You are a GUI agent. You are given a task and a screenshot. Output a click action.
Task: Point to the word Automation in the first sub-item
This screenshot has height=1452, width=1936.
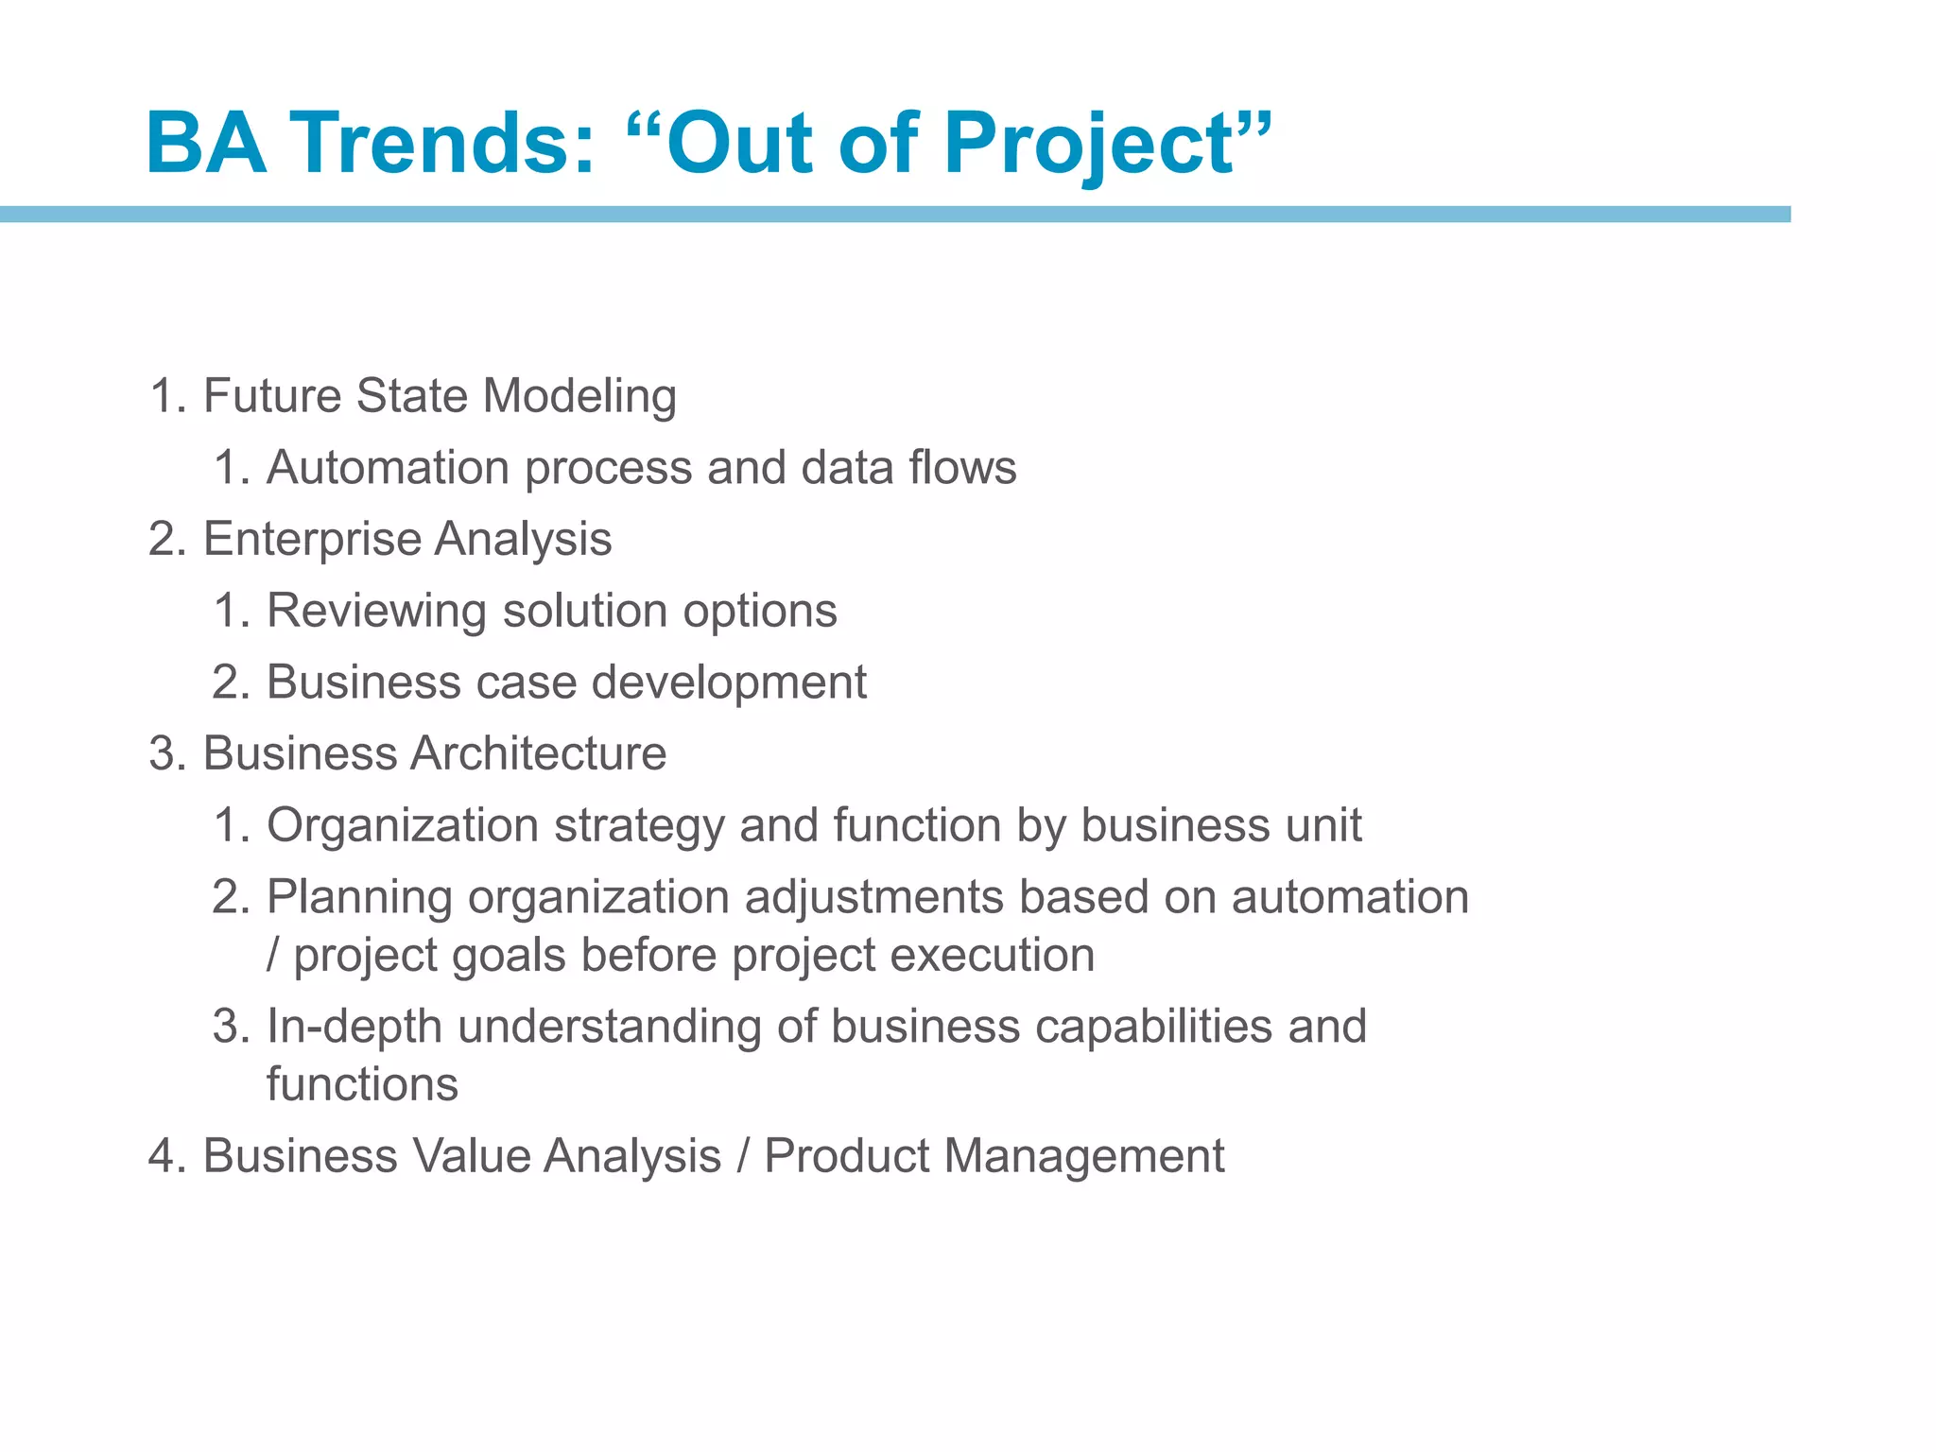click(388, 468)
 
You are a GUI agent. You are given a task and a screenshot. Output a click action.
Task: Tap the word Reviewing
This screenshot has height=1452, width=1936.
click(377, 612)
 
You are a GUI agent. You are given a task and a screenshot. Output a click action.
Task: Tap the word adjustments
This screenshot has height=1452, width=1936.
click(873, 898)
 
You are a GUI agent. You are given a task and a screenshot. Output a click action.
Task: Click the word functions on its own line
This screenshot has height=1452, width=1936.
click(362, 1085)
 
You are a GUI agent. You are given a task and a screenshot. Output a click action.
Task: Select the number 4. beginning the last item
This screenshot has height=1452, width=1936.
click(166, 1157)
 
